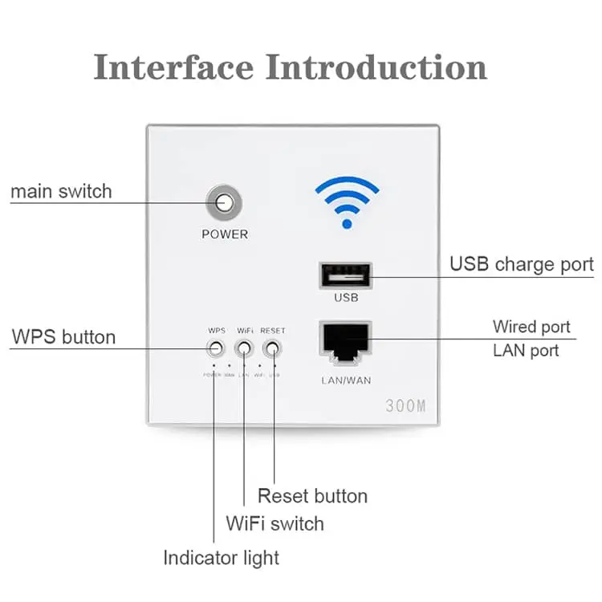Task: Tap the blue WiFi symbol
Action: pos(347,201)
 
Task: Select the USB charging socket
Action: pos(346,276)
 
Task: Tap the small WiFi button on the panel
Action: pos(244,348)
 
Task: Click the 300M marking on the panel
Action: pos(405,405)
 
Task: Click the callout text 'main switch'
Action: pos(61,192)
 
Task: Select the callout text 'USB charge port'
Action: pos(521,264)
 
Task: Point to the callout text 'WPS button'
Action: pos(63,336)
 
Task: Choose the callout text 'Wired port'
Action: pos(531,327)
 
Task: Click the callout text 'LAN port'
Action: pos(527,351)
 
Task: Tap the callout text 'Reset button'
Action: pos(312,496)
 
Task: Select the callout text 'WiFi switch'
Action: pos(275,524)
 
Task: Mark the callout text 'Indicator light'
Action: pos(222,557)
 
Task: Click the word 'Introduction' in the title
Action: pos(376,67)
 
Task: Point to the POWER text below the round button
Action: pos(225,234)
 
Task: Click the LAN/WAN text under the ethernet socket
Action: pos(345,380)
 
